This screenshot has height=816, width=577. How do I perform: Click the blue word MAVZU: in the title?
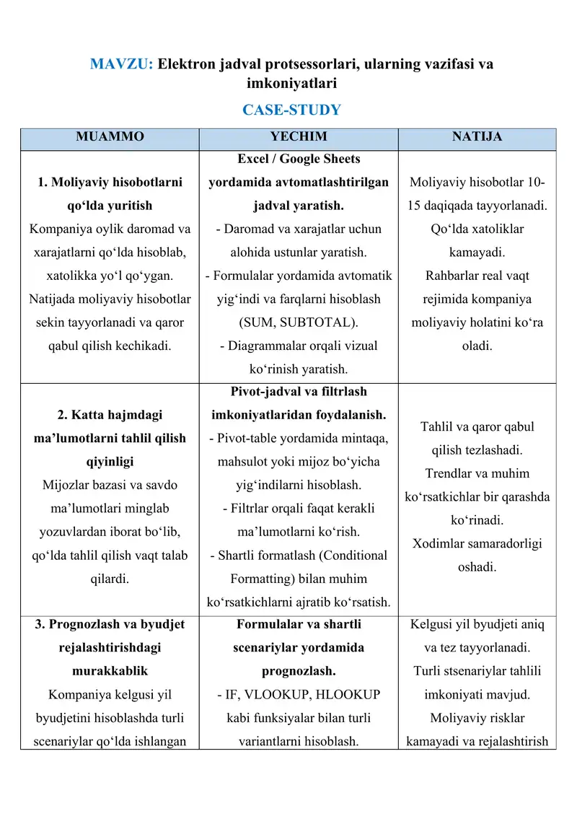click(x=121, y=64)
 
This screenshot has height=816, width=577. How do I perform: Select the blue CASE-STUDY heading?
click(x=291, y=110)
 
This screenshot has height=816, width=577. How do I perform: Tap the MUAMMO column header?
click(x=110, y=136)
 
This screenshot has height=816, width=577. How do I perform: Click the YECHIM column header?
click(x=298, y=136)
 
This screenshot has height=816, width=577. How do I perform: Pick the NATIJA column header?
click(x=477, y=136)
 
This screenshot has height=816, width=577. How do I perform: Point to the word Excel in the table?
click(x=254, y=159)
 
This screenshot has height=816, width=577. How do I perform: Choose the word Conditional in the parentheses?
click(x=351, y=556)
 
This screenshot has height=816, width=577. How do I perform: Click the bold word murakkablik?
click(x=110, y=671)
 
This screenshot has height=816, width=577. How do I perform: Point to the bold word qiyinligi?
click(x=110, y=462)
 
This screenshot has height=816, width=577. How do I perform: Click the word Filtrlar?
click(x=252, y=509)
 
